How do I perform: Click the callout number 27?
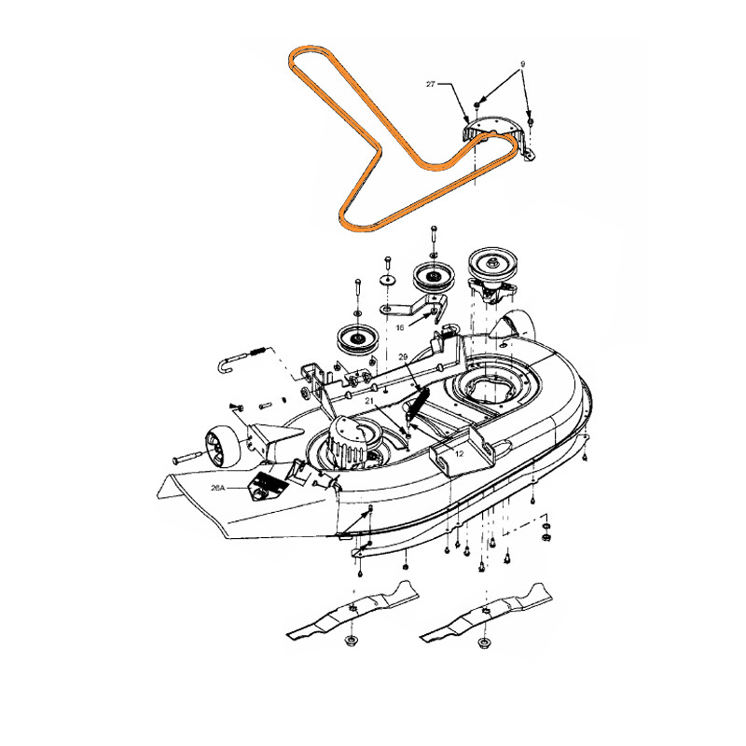click(430, 84)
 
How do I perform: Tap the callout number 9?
click(523, 64)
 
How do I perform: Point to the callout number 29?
click(403, 358)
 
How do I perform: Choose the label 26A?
click(219, 486)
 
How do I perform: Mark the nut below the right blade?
click(484, 642)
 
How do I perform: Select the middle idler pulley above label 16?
click(431, 276)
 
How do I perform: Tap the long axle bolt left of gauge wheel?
click(190, 458)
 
